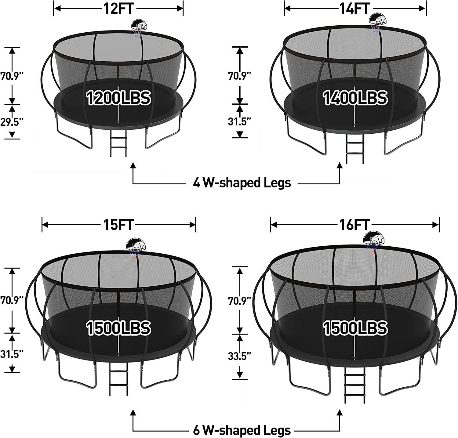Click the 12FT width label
point(118,9)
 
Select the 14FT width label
point(355,9)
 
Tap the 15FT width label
point(118,225)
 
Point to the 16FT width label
point(354,225)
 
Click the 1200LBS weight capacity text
point(118,98)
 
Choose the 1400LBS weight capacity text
point(355,98)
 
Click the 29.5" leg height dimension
point(12,122)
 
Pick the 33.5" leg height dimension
point(240,356)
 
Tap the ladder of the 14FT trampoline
point(355,150)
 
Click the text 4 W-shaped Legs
point(242,183)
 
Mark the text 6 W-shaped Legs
point(242,430)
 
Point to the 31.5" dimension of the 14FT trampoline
point(240,122)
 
